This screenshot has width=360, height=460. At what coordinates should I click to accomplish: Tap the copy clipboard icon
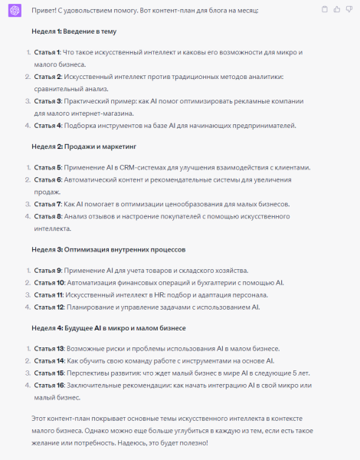click(x=326, y=9)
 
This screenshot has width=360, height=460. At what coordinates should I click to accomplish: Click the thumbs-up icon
click(x=337, y=9)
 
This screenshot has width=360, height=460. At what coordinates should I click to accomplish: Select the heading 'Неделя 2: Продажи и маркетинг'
click(x=84, y=146)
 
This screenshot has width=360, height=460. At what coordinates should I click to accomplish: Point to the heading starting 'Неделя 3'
click(x=107, y=250)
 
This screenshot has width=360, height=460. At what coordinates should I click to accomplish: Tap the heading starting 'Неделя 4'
click(x=103, y=328)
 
